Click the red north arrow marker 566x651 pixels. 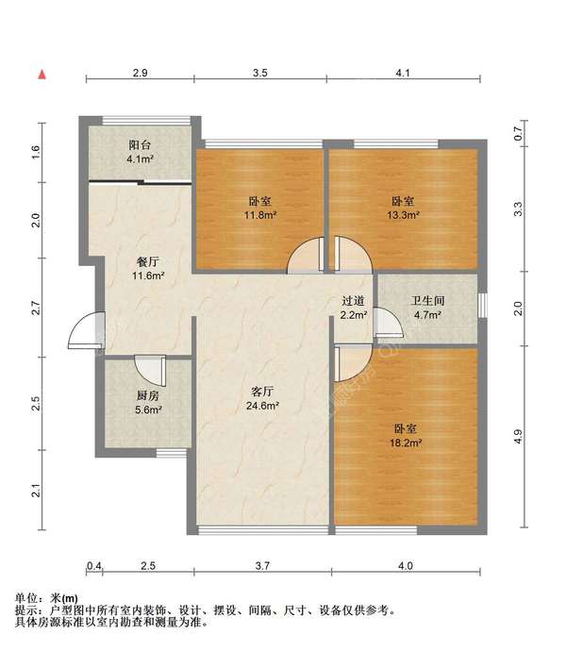(x=42, y=75)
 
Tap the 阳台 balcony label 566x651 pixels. (x=140, y=145)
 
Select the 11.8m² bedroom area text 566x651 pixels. (x=260, y=215)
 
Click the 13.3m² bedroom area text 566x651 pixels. (x=403, y=215)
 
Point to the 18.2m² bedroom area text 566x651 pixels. (x=406, y=443)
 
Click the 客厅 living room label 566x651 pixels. (x=262, y=392)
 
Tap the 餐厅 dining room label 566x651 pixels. (x=148, y=261)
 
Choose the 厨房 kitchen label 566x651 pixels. (x=148, y=395)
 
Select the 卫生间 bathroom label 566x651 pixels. (x=427, y=301)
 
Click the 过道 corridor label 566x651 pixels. (x=354, y=301)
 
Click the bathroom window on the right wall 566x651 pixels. (x=482, y=306)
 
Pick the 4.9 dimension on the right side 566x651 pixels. (x=517, y=436)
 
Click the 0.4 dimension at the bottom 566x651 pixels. (x=93, y=565)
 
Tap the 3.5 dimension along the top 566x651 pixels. (x=260, y=73)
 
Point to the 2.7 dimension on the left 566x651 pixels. (x=37, y=308)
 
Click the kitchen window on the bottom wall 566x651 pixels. (x=172, y=453)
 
